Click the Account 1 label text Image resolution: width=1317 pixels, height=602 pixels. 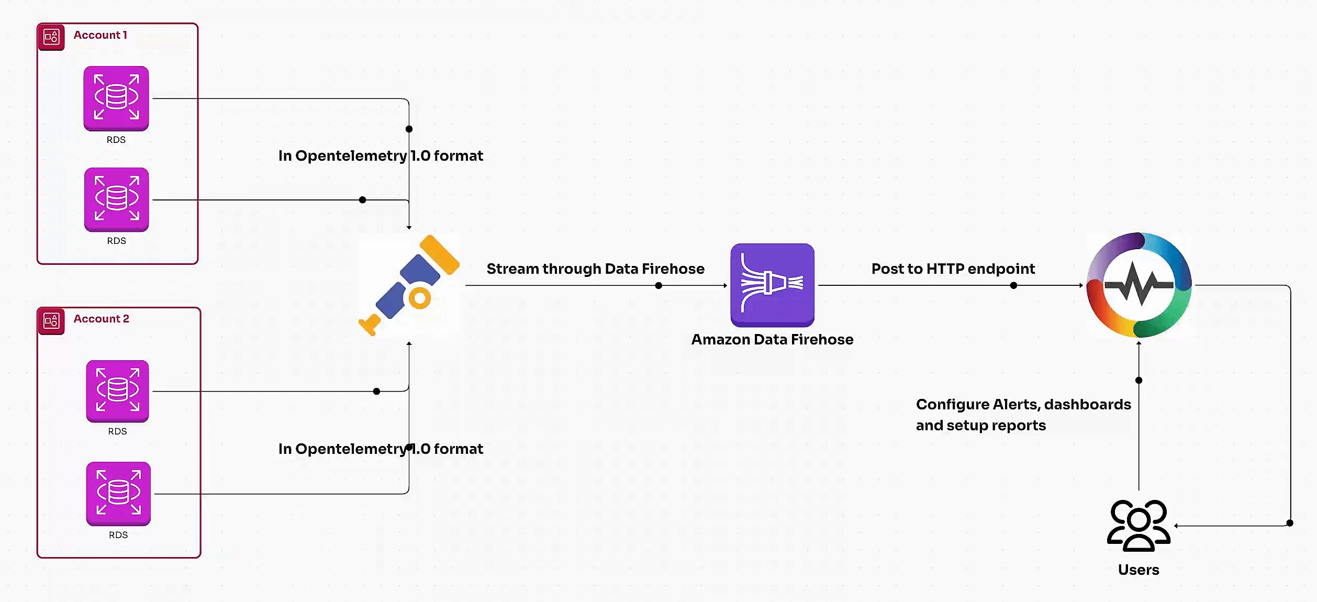click(100, 35)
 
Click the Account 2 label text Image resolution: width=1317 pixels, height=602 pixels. click(101, 319)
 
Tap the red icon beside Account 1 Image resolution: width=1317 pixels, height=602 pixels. click(51, 37)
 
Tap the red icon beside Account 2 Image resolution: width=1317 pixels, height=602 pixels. click(51, 321)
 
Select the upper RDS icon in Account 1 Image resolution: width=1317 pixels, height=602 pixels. click(116, 98)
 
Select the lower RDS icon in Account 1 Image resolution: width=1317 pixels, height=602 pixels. click(117, 199)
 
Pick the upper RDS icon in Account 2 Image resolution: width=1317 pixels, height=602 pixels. click(118, 391)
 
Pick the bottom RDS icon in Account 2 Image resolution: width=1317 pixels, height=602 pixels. click(118, 493)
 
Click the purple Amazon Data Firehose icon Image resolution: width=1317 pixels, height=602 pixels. click(772, 284)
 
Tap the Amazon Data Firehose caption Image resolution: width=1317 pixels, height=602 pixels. click(772, 340)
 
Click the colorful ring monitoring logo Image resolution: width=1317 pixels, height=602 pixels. click(1139, 285)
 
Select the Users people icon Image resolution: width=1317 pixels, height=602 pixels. click(1139, 525)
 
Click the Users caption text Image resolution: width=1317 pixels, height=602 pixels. click(1139, 570)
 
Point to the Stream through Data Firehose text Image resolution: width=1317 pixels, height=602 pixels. click(595, 269)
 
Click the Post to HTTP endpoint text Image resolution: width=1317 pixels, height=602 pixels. click(953, 269)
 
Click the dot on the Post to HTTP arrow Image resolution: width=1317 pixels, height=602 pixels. click(1013, 285)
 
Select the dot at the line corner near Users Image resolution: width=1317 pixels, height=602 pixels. click(1290, 523)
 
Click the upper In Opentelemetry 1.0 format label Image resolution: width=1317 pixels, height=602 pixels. click(381, 156)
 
